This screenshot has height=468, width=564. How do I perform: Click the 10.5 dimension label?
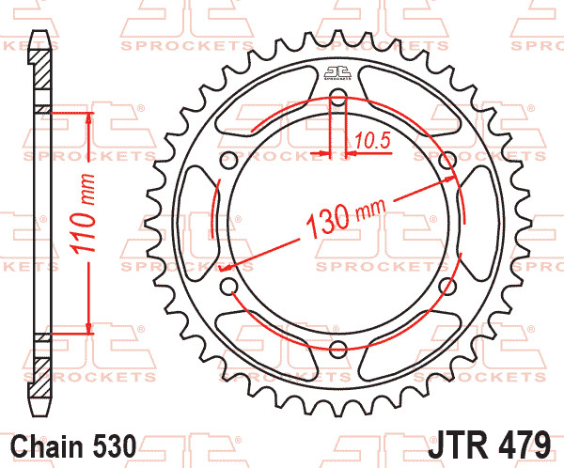pyautogui.click(x=372, y=141)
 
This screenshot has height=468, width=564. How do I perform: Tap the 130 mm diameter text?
pyautogui.click(x=346, y=218)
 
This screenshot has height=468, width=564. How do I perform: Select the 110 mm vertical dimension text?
pyautogui.click(x=83, y=213)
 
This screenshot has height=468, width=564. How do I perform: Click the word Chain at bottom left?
pyautogui.click(x=47, y=446)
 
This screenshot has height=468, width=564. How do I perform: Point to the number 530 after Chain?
pyautogui.click(x=115, y=446)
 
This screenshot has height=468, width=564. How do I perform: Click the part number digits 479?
pyautogui.click(x=525, y=445)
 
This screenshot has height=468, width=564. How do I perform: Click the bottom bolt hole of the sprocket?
pyautogui.click(x=337, y=349)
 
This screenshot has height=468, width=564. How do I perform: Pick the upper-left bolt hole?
pyautogui.click(x=228, y=160)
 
